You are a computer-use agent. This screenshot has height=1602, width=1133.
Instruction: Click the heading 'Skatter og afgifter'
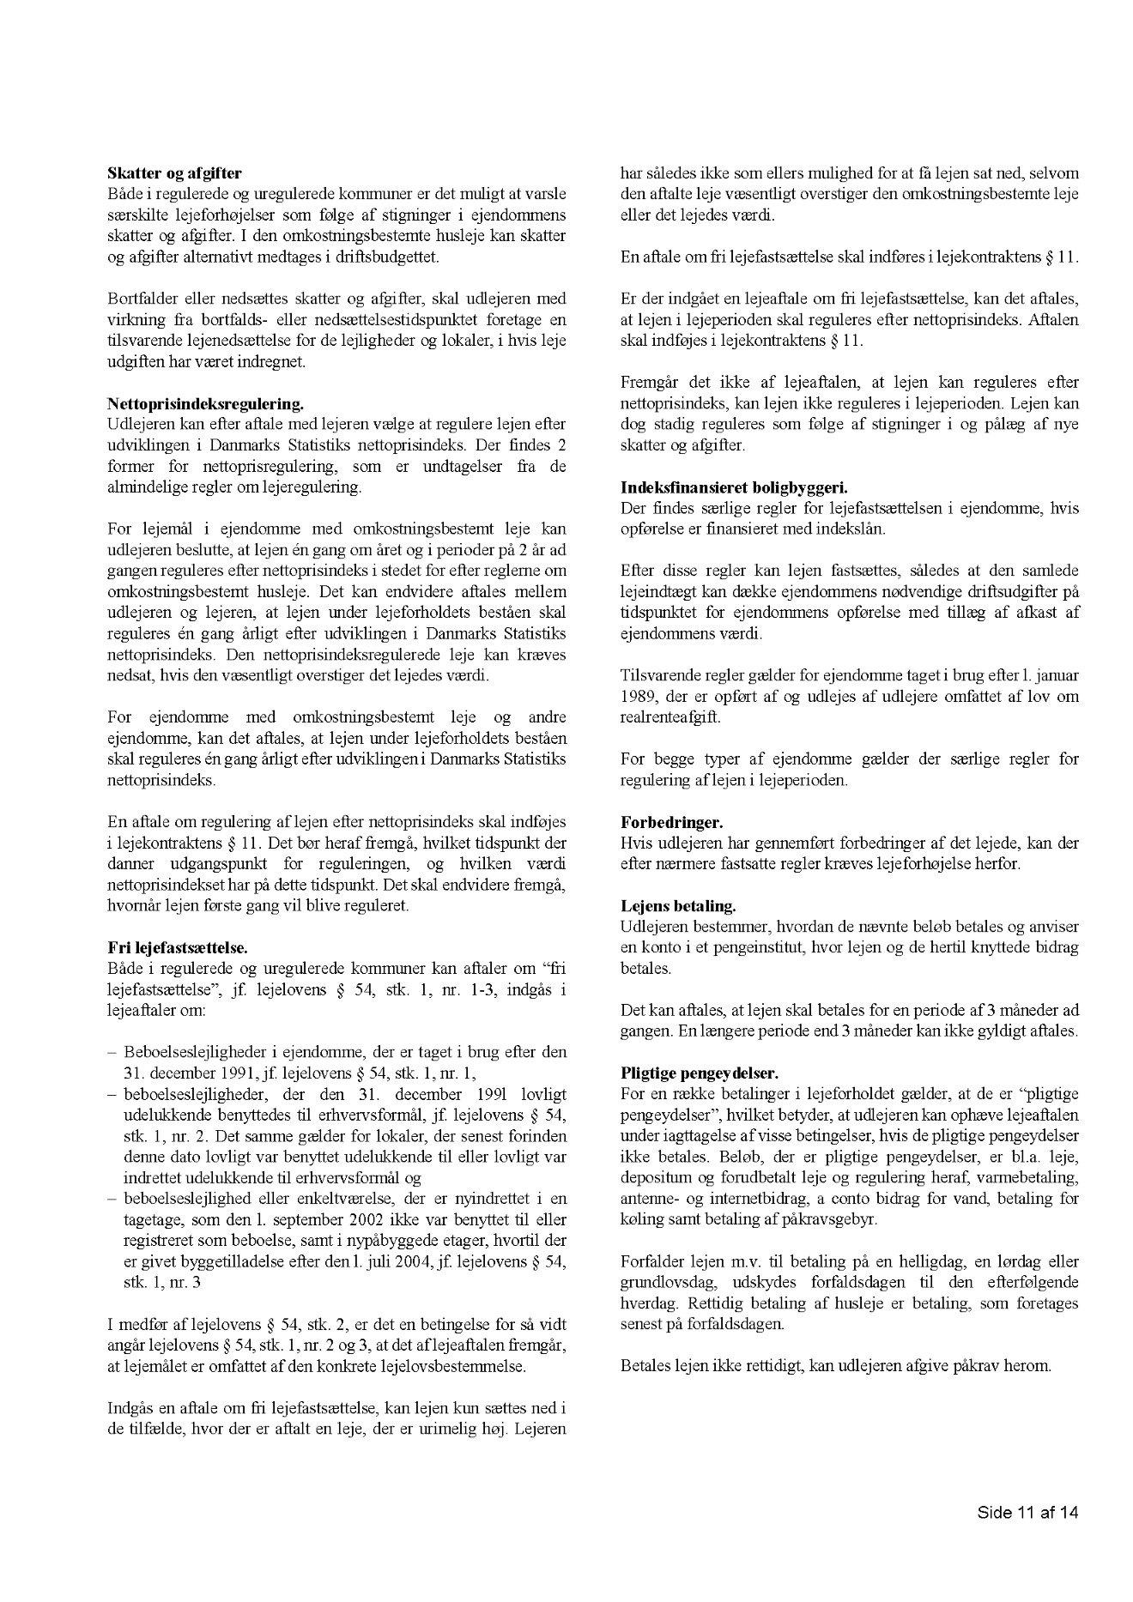click(x=174, y=174)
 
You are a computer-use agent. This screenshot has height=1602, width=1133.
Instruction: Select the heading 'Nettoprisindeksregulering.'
click(x=206, y=403)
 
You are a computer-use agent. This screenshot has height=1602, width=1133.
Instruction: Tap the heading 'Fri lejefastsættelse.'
click(x=178, y=947)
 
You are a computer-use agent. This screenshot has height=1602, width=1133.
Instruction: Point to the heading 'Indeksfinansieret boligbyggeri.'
click(x=734, y=487)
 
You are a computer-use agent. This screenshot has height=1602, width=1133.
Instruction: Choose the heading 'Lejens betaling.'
click(x=678, y=905)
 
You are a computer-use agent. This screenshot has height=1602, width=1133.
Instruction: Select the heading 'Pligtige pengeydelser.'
click(x=699, y=1073)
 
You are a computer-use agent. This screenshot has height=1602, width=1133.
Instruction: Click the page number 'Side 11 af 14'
click(x=1027, y=1512)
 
